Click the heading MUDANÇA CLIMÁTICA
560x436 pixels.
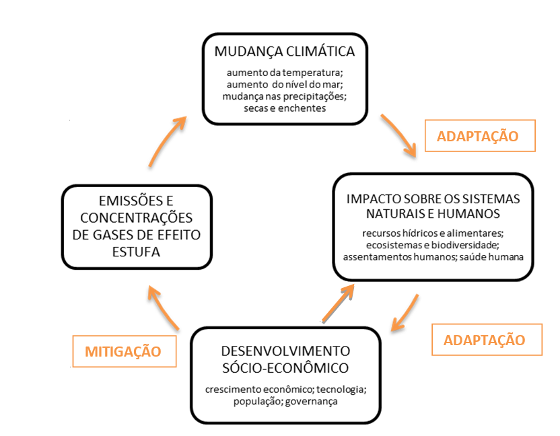[285, 52]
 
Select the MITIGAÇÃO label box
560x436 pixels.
[125, 351]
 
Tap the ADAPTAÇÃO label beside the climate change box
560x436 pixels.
[480, 136]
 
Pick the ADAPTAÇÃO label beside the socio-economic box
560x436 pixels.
[487, 340]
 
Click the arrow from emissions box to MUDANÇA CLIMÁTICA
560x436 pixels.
[165, 141]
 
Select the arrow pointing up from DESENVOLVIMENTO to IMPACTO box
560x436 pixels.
[338, 303]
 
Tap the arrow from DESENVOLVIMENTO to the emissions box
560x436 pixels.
[162, 306]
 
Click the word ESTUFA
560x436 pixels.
[136, 252]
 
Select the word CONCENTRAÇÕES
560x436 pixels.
[137, 218]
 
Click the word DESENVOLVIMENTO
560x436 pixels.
[285, 351]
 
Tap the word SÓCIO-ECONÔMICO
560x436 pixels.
[285, 368]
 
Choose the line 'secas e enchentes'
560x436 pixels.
[285, 108]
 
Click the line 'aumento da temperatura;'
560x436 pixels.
[285, 73]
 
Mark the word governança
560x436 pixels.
[311, 402]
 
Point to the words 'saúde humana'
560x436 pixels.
[491, 257]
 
